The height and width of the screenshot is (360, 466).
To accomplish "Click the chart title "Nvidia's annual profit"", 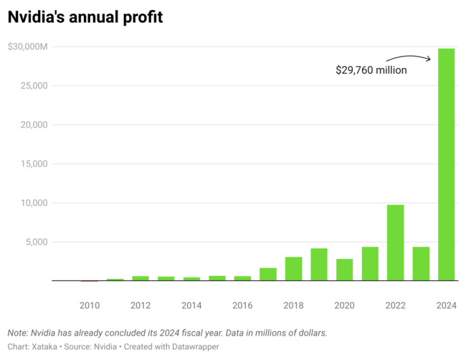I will click(x=85, y=16).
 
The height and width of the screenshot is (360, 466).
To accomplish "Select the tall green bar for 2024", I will click(x=447, y=164).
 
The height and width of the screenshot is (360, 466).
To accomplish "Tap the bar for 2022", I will click(x=396, y=242).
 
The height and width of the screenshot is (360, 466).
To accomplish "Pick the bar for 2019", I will click(x=319, y=264).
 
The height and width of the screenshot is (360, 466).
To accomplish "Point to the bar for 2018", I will click(x=293, y=268).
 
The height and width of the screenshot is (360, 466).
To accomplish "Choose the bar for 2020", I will click(x=344, y=270).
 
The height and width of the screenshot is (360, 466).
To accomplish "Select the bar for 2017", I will click(x=268, y=274).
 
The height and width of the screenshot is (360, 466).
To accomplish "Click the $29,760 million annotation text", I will click(x=371, y=70).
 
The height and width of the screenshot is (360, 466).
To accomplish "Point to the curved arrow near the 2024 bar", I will click(x=409, y=58).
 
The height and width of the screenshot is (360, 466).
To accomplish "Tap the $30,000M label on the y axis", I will click(x=28, y=47).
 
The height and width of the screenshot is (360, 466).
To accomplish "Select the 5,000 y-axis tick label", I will click(x=35, y=242).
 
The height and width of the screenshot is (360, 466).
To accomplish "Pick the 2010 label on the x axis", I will click(x=90, y=305).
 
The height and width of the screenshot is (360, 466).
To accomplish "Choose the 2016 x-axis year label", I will click(x=242, y=305).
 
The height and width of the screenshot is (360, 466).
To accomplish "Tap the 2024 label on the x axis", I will click(x=447, y=305).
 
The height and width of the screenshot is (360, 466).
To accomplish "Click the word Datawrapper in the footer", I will click(x=193, y=346).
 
